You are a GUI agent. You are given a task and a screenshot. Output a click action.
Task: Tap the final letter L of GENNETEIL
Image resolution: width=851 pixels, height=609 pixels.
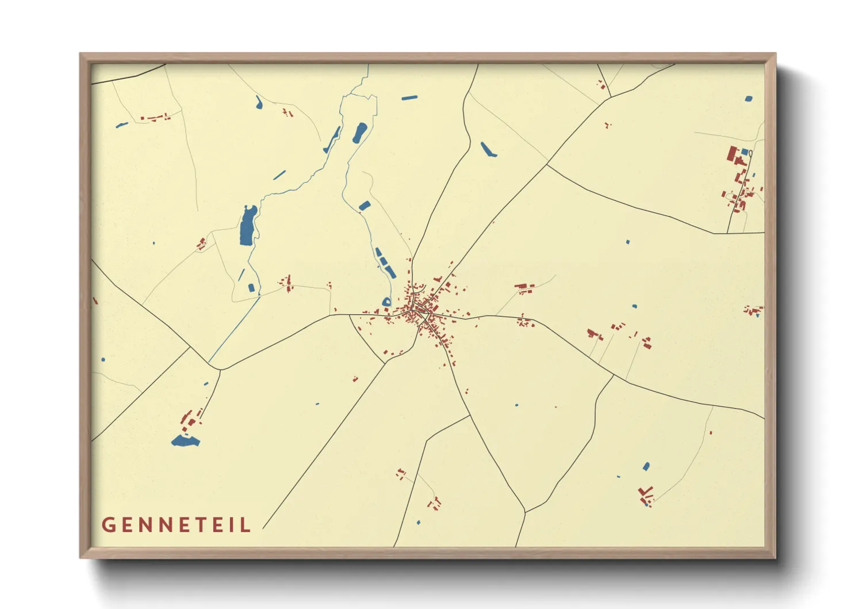coord(247,525)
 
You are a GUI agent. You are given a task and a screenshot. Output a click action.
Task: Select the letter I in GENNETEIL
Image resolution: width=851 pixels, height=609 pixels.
coord(232,525)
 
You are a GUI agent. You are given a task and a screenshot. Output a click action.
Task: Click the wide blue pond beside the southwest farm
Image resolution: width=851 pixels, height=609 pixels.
coord(185,441)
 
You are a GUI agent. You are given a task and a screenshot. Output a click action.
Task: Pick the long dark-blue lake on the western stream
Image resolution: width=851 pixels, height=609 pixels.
coord(248,226)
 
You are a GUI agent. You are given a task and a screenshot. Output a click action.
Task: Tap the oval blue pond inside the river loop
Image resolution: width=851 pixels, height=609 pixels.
coord(359,132)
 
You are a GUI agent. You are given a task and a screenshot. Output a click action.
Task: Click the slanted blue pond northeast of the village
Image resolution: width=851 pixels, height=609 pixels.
coord(488,149)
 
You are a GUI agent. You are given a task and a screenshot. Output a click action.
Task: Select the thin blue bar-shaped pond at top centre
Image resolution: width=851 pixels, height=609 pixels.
coord(409,98)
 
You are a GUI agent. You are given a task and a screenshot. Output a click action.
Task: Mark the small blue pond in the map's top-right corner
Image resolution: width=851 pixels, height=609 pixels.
coord(748,99)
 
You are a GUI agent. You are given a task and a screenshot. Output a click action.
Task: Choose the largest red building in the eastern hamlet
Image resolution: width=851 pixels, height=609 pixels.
coord(733,154)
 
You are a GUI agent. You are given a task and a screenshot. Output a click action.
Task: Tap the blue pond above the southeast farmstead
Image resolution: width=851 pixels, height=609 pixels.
coord(646,466)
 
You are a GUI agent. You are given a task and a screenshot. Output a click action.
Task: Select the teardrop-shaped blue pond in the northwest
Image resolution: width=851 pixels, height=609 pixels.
coord(259,103)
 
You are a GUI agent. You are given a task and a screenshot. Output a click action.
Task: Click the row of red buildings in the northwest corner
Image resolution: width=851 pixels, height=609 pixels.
coord(155,117)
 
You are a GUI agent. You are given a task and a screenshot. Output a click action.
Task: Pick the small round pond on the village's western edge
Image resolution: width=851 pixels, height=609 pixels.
coord(387,302)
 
